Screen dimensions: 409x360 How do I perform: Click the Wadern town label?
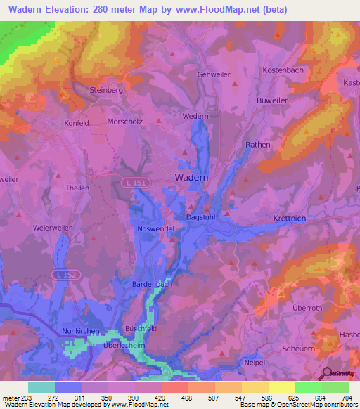(x=191, y=178)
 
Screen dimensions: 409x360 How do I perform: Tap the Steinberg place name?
(x=105, y=90)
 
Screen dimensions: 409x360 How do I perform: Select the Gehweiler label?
(x=214, y=74)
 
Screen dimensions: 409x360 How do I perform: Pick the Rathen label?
(x=257, y=145)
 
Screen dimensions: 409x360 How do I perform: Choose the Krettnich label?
(x=290, y=219)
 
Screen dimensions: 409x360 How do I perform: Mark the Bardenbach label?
(x=152, y=284)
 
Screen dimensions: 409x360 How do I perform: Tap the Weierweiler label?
(x=53, y=228)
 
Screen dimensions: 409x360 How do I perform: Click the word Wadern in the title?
(x=29, y=10)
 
